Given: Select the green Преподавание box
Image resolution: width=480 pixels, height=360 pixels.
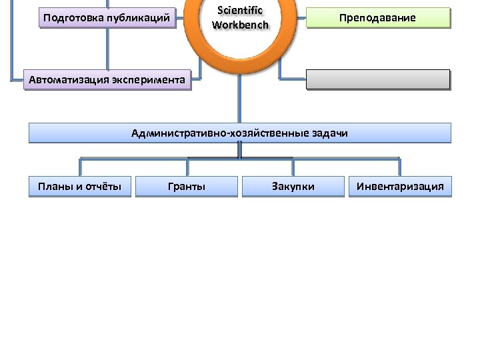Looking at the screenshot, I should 378,18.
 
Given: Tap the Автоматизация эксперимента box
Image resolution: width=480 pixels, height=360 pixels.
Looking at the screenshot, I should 107,81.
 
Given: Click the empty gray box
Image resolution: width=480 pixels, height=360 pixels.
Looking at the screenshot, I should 378,80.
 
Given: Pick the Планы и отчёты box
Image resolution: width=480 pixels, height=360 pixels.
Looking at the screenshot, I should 80,187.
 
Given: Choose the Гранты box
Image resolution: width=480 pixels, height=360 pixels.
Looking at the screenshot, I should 187,187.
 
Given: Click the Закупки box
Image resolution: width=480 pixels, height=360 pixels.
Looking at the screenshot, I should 293,187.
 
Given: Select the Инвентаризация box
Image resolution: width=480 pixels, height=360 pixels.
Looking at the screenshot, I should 400,187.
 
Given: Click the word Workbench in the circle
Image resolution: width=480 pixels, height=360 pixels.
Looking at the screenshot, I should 240,25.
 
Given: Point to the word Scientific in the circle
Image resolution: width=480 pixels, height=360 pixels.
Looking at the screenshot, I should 240,11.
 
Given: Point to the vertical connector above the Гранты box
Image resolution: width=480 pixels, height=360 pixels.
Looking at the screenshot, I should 187,167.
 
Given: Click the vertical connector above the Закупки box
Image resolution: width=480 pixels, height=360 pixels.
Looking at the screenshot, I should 293,167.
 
